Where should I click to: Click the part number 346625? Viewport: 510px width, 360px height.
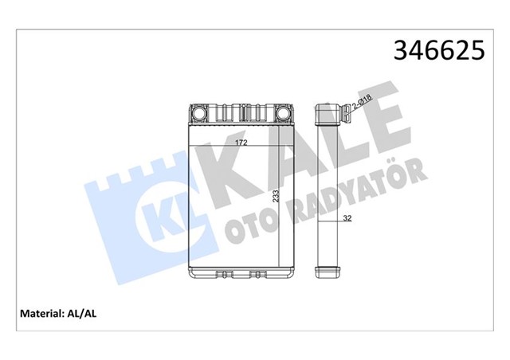(x=437, y=50)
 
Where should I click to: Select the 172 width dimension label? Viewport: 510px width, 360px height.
(x=240, y=143)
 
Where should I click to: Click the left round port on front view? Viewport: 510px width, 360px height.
(x=198, y=113)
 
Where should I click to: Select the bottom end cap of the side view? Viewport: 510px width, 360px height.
(x=328, y=271)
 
